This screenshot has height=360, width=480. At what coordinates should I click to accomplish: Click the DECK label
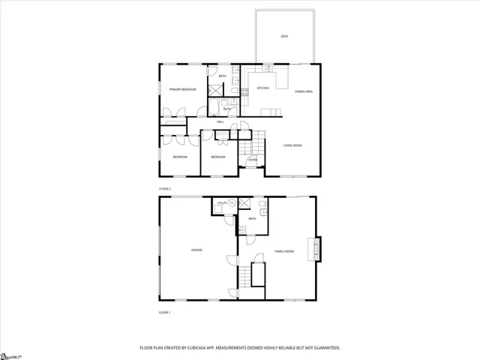click(284, 36)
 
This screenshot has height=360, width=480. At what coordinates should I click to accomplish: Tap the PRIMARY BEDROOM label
click(182, 89)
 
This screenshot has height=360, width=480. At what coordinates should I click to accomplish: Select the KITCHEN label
click(263, 88)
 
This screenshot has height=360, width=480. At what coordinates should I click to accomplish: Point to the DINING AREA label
click(304, 90)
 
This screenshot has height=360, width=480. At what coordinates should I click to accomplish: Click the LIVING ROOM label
click(292, 145)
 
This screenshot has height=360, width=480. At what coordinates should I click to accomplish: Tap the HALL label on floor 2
click(220, 121)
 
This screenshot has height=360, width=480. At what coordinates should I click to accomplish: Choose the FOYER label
click(253, 160)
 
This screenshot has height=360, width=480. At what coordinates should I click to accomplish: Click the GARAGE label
click(196, 250)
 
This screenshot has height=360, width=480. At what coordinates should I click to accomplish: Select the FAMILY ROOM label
click(284, 251)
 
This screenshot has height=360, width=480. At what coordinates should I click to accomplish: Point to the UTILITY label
click(221, 203)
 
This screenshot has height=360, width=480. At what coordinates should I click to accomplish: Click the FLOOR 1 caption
click(164, 311)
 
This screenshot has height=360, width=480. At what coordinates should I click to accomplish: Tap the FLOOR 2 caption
click(164, 188)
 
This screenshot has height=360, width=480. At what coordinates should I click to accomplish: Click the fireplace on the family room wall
click(318, 249)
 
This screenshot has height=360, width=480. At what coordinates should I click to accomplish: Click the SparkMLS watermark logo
click(11, 355)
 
